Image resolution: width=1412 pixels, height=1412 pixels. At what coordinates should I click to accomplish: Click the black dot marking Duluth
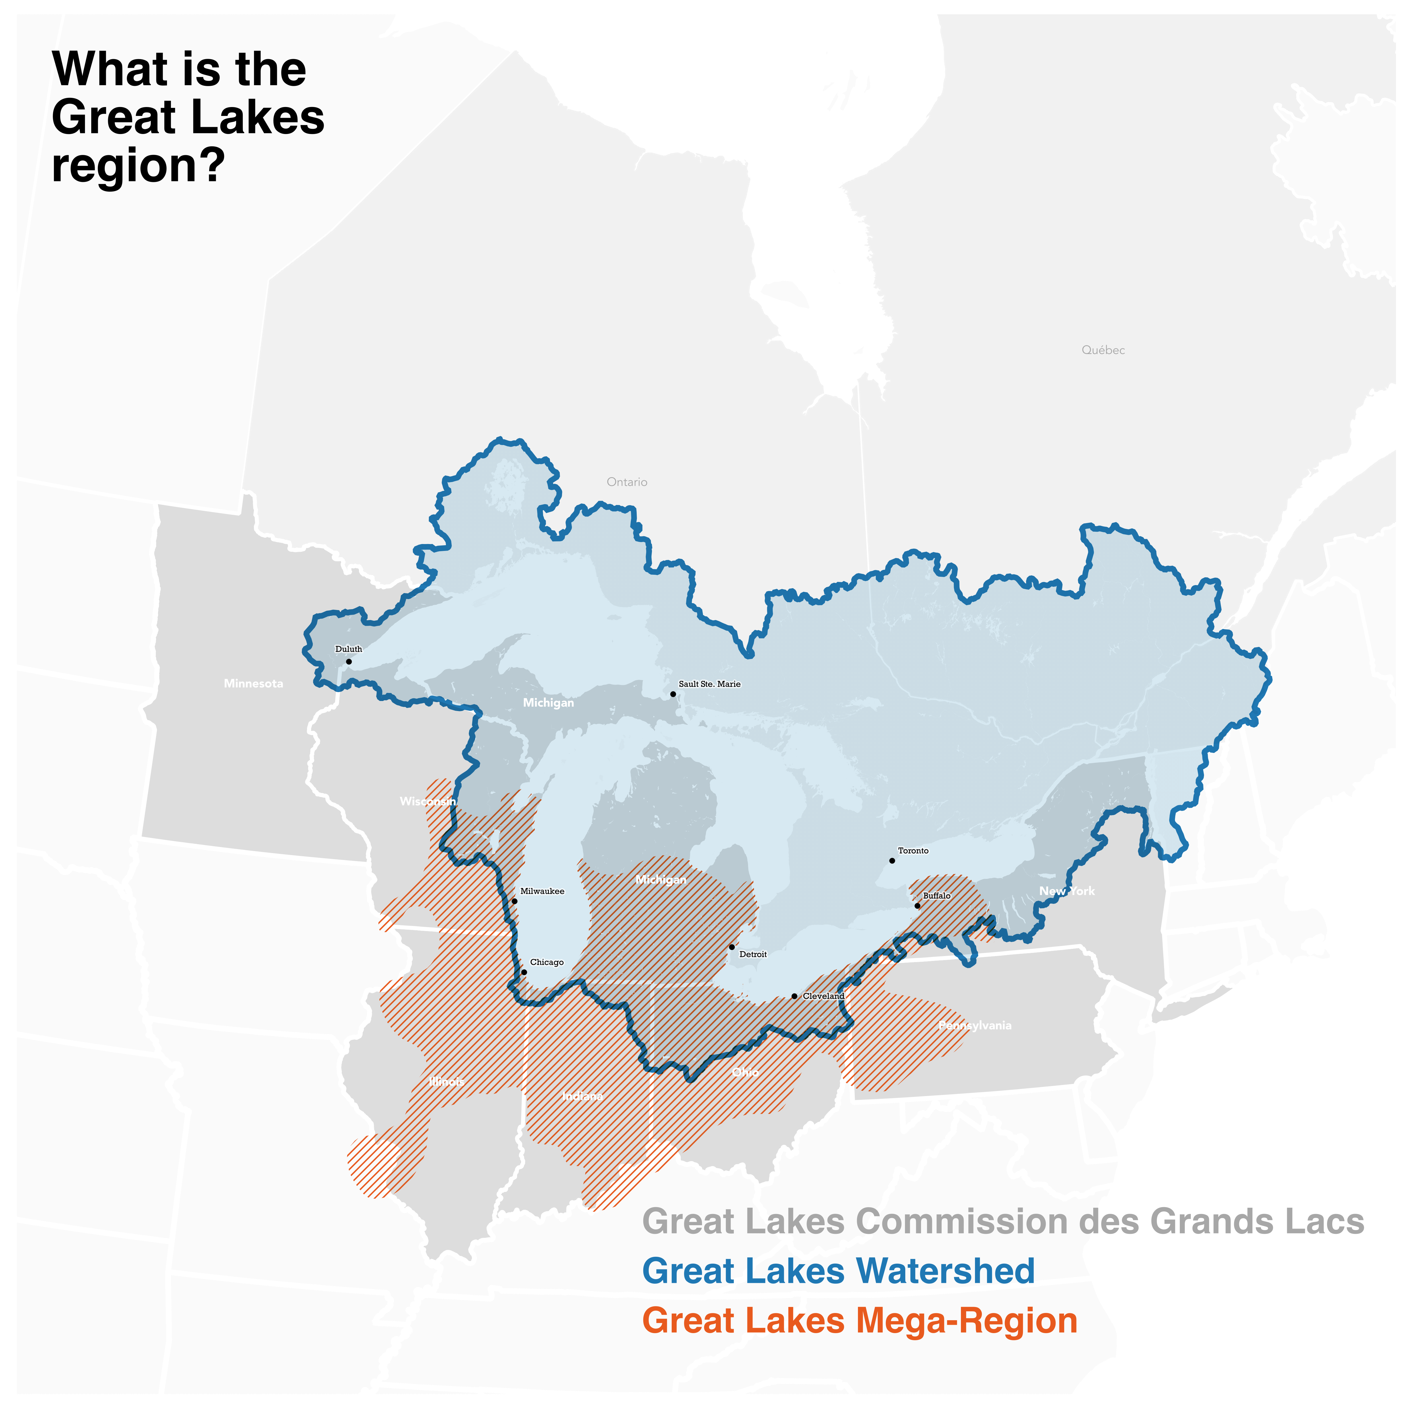(x=349, y=661)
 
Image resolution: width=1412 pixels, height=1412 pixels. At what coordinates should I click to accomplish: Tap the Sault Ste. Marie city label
(x=709, y=684)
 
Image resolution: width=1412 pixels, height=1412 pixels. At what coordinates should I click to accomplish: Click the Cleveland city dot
(x=795, y=996)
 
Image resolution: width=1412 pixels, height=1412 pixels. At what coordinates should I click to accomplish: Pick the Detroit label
(x=753, y=955)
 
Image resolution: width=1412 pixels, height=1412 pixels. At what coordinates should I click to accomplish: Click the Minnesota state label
(x=254, y=683)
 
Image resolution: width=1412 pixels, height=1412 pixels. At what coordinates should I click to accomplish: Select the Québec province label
(x=1103, y=350)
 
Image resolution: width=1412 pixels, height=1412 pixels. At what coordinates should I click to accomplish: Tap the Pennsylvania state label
(x=975, y=1026)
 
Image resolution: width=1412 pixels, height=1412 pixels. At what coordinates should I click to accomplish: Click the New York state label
(x=1067, y=891)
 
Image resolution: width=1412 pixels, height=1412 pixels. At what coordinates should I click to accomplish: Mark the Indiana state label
(x=582, y=1096)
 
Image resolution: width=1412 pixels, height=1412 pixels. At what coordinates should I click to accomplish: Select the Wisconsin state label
(x=428, y=802)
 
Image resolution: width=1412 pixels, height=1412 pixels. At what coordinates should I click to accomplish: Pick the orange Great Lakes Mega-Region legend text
(x=859, y=1321)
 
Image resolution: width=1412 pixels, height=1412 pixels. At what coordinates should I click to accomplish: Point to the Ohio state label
(x=745, y=1072)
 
